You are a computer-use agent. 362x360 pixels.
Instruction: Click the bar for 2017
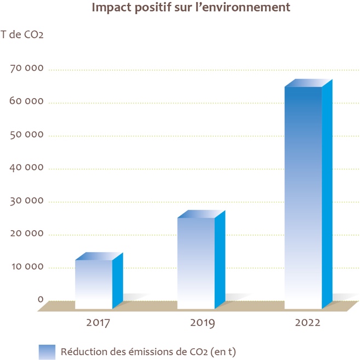click(94, 283)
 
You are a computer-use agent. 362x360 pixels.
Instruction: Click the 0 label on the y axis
click(41, 299)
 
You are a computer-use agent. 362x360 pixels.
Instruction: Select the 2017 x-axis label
click(99, 323)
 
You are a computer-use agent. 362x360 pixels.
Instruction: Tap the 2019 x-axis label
click(203, 323)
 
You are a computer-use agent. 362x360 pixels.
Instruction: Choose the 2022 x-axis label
click(307, 323)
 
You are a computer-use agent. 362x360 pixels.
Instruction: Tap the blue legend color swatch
click(47, 351)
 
